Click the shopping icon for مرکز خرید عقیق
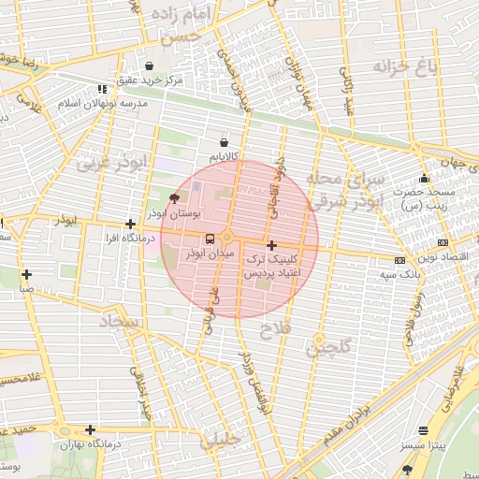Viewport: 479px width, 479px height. tap(150, 66)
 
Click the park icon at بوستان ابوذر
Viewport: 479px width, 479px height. tap(173, 198)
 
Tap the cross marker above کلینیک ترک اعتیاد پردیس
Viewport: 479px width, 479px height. tap(271, 244)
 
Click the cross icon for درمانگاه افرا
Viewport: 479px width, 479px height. tap(130, 224)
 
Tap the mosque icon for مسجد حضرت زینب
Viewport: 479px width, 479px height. tap(424, 179)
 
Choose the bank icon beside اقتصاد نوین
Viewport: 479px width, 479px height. tap(400, 259)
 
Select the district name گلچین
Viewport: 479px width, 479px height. tap(331, 348)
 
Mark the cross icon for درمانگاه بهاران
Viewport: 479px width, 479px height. tap(90, 430)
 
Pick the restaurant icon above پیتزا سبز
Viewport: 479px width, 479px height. tap(424, 431)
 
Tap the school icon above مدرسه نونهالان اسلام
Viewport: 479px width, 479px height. tap(101, 90)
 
